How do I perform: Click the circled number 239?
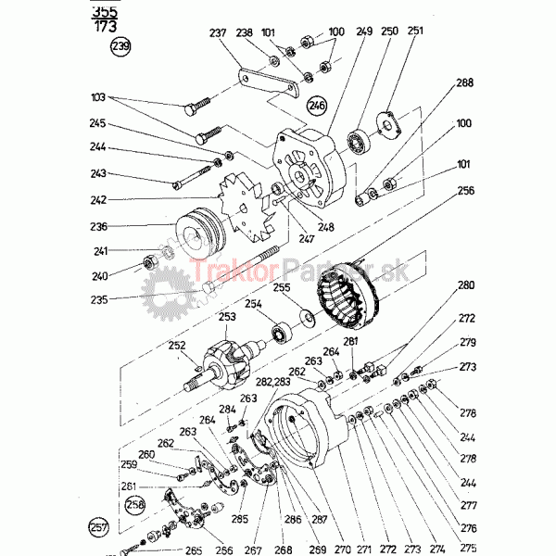tap(120, 46)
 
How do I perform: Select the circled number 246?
tap(318, 105)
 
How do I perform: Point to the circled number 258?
tap(135, 505)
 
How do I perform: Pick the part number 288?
tap(463, 83)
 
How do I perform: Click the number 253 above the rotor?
tap(227, 316)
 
